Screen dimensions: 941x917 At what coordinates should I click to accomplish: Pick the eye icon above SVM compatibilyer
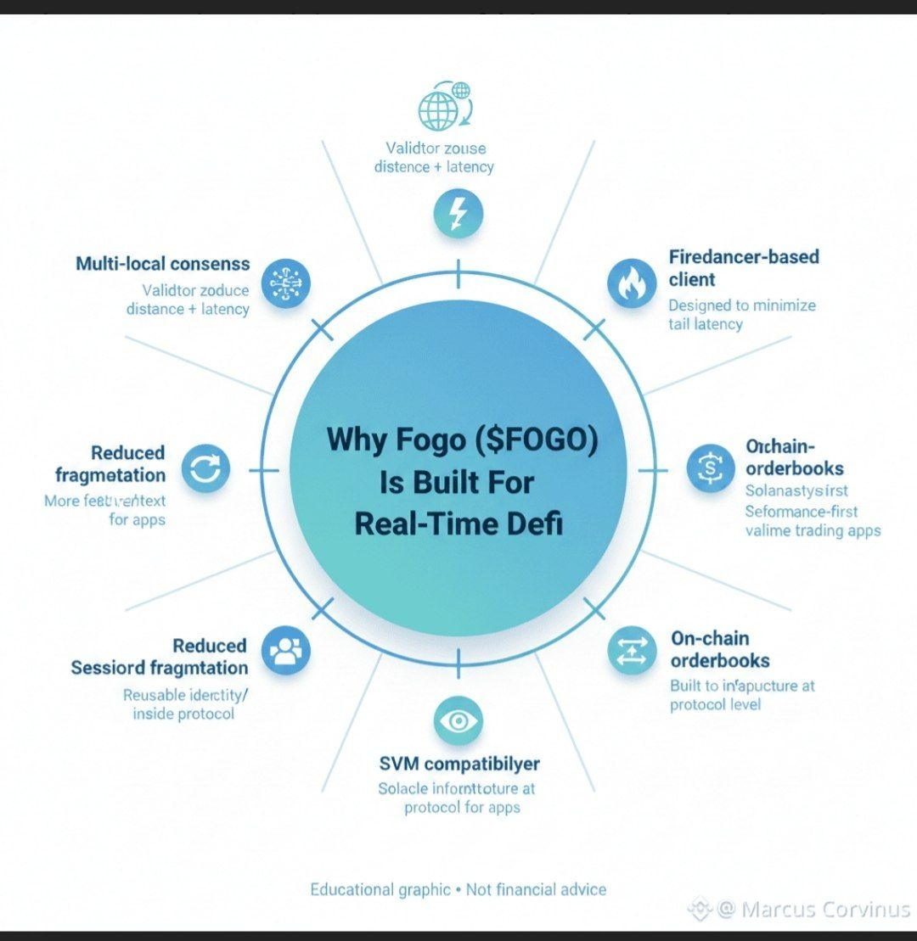458,721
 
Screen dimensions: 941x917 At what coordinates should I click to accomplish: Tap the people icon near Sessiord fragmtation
286,651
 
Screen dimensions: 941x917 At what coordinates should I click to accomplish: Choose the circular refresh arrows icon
205,468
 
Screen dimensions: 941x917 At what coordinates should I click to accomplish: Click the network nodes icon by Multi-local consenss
286,283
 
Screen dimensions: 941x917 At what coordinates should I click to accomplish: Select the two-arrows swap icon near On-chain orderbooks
632,651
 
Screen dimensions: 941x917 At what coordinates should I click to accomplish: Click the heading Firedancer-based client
743,267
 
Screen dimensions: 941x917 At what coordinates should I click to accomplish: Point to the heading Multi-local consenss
163,263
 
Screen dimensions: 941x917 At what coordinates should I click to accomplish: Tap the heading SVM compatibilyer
458,764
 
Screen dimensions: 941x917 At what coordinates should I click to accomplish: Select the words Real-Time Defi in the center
458,523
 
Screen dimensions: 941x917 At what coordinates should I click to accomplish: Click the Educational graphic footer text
380,889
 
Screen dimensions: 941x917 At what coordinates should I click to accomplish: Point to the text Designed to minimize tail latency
741,314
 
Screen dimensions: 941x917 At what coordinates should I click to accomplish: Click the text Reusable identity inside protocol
184,704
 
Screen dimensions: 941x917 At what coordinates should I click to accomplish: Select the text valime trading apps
813,531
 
